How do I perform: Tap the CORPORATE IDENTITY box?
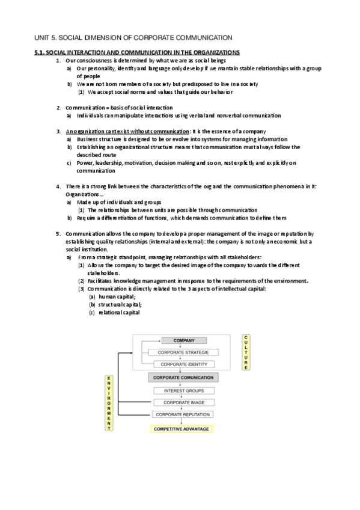pos(183,364)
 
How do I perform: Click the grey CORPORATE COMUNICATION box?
pos(183,377)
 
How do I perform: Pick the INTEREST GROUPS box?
pos(183,391)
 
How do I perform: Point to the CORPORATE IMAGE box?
pos(183,402)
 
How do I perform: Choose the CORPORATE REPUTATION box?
pos(183,414)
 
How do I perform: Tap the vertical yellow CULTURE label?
pos(246,352)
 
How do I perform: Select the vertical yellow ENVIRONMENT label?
pos(109,404)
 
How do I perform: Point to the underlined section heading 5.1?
pos(137,53)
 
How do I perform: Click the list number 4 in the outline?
pos(58,186)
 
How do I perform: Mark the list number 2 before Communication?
pos(58,108)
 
